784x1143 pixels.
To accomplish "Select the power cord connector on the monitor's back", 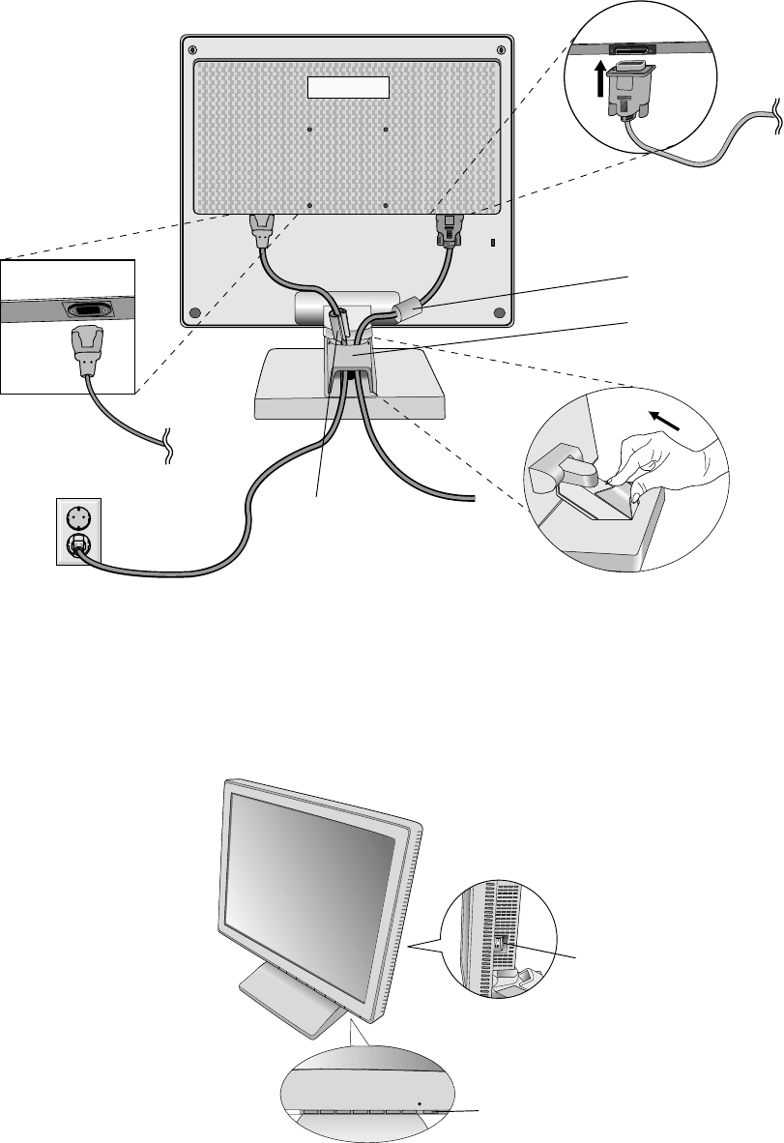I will click(262, 230).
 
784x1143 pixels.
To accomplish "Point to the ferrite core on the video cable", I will click(407, 309).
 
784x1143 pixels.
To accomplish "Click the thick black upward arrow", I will click(600, 78).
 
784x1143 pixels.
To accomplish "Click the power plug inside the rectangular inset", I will click(86, 348).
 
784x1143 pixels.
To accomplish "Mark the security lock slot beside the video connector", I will click(491, 243).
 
